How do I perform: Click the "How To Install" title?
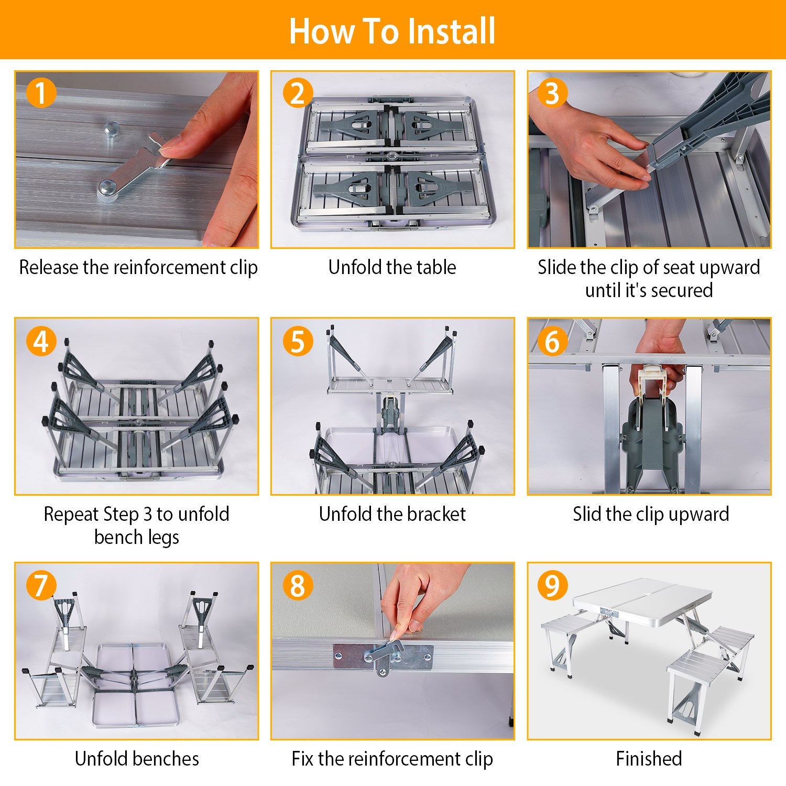point(392,31)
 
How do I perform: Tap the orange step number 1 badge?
point(40,93)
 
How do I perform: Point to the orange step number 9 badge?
point(552,585)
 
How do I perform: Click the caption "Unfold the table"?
point(392,267)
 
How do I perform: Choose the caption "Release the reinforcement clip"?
point(138,267)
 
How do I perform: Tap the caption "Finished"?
point(649,758)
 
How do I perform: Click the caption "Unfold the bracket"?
point(392,514)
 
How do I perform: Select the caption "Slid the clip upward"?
point(650,514)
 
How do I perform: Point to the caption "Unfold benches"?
point(137,758)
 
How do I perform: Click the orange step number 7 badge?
point(40,585)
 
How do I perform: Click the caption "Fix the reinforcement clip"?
point(392,758)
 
